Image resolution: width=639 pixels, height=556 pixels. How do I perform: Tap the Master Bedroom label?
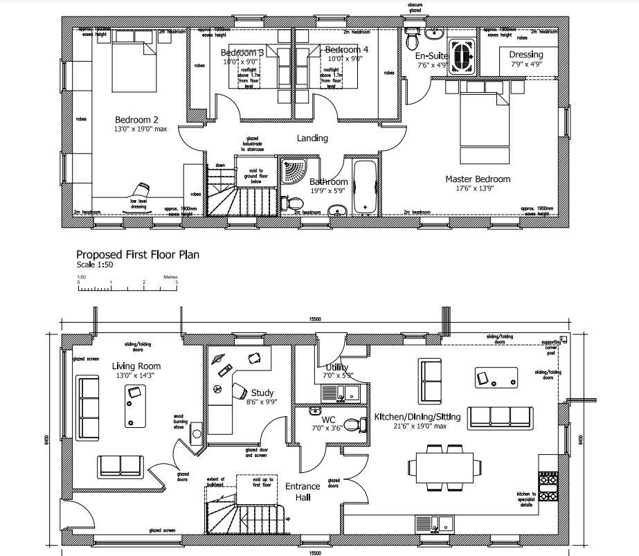coord(478,179)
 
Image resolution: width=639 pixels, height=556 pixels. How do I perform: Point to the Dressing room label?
coord(526,55)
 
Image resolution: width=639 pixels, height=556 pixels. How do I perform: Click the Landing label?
coord(312,138)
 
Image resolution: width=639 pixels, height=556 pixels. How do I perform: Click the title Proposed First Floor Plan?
coord(138,254)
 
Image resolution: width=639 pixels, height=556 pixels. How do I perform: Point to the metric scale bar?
coord(127,283)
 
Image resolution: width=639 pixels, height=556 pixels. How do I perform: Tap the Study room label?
coord(262,393)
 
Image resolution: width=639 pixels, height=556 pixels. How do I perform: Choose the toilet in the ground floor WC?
coord(357,424)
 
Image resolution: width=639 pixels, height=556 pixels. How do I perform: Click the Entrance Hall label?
coord(303,492)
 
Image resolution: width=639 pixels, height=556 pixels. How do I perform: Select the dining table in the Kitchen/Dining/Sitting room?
coord(443,467)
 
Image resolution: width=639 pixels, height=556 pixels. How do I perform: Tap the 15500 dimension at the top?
coord(315,319)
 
